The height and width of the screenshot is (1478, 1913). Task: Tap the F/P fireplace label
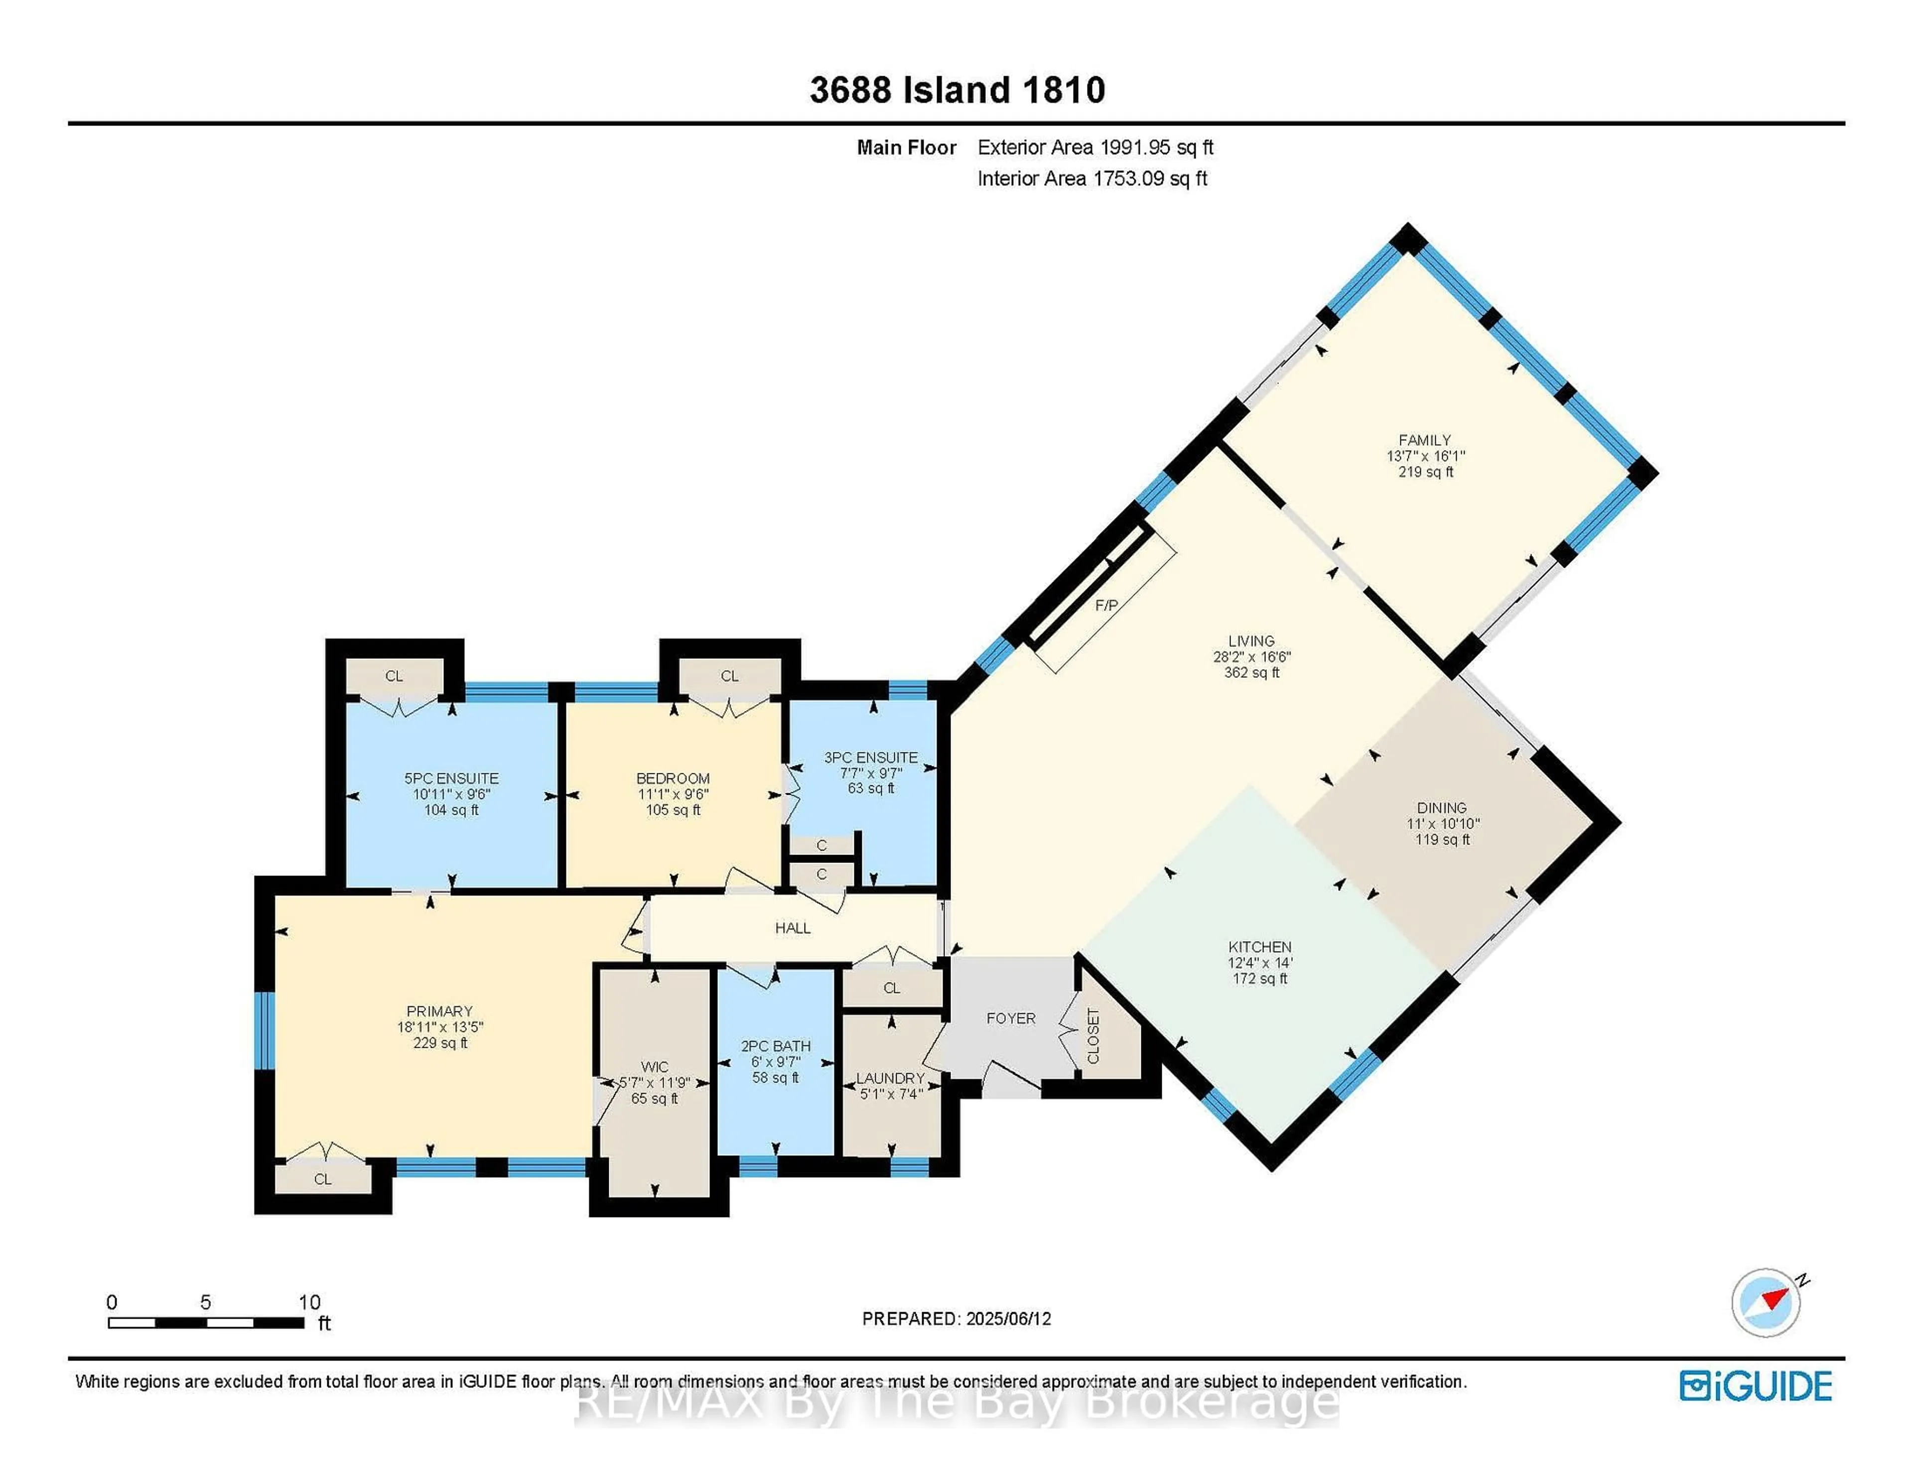[x=1106, y=605]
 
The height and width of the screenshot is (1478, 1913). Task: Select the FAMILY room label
[x=1424, y=440]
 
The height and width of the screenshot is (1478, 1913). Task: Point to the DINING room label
[x=1441, y=807]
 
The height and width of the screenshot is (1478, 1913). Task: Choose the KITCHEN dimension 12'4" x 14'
[x=1259, y=962]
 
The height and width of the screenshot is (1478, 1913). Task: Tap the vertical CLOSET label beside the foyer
[x=1093, y=1036]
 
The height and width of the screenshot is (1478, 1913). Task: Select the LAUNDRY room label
[x=890, y=1078]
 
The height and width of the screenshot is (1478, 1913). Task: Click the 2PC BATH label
[x=775, y=1046]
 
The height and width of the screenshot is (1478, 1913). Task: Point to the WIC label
[x=654, y=1067]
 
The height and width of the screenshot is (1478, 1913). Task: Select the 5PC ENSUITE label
[x=451, y=778]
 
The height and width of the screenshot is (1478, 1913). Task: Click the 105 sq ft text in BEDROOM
[x=672, y=810]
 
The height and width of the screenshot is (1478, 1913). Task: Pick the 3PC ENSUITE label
[x=871, y=757]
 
